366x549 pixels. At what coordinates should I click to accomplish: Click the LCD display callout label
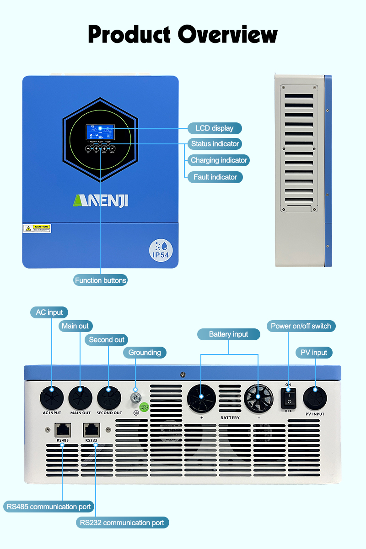pyautogui.click(x=214, y=128)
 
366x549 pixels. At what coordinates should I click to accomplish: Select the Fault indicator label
pyautogui.click(x=215, y=177)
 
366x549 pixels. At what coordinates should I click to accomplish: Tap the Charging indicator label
pyautogui.click(x=219, y=160)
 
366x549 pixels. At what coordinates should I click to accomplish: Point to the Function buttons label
pyautogui.click(x=101, y=280)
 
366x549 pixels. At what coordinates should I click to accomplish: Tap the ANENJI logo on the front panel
pyautogui.click(x=101, y=201)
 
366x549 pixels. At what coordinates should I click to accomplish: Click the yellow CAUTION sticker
pyautogui.click(x=37, y=228)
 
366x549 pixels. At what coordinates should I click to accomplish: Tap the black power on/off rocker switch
pyautogui.click(x=288, y=398)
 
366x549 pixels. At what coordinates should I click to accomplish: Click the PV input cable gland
pyautogui.click(x=315, y=398)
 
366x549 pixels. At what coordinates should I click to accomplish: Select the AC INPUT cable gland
pyautogui.click(x=51, y=397)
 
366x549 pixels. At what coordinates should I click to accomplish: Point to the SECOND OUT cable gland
pyautogui.click(x=109, y=398)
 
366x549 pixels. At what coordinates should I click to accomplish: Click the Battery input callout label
pyautogui.click(x=228, y=334)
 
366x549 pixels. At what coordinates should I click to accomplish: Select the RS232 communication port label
pyautogui.click(x=122, y=523)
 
